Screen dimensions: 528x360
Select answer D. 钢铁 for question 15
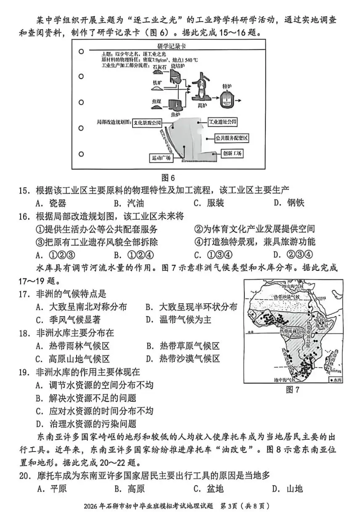(x=289, y=203)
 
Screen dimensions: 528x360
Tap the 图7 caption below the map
(x=292, y=390)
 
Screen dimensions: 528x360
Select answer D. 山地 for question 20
(x=288, y=488)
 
